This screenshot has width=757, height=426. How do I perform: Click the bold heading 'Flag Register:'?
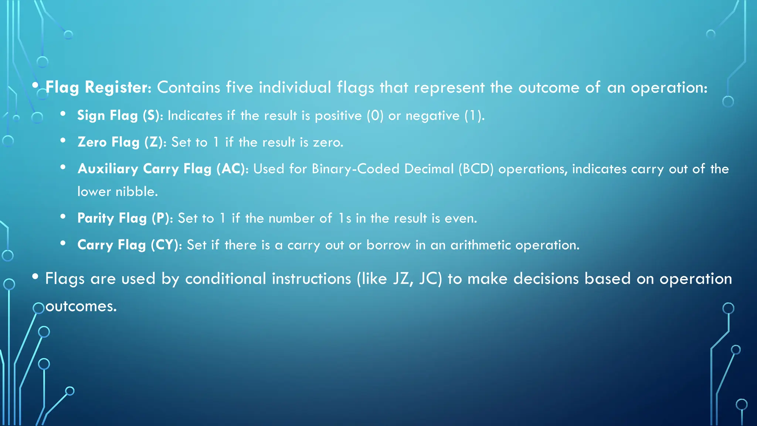click(x=98, y=88)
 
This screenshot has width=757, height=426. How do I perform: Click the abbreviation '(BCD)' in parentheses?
click(x=476, y=169)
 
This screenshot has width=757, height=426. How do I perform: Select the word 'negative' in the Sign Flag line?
click(x=432, y=116)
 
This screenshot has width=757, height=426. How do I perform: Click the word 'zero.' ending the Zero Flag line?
click(x=328, y=142)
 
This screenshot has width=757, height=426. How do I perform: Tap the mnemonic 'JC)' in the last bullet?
click(x=431, y=279)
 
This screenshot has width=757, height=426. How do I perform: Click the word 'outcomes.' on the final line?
click(x=81, y=306)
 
